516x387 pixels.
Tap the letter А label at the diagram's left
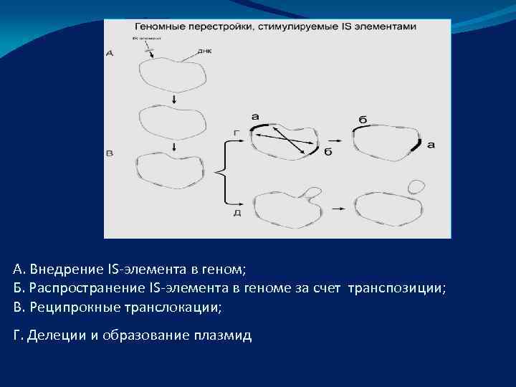pyautogui.click(x=110, y=53)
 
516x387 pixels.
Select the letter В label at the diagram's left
pyautogui.click(x=110, y=153)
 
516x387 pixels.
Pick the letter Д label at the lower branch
pyautogui.click(x=236, y=212)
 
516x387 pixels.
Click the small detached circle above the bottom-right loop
pyautogui.click(x=416, y=186)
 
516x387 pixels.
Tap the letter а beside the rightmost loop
pyautogui.click(x=431, y=145)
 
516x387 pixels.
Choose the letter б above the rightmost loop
pyautogui.click(x=363, y=119)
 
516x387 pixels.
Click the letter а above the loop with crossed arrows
pyautogui.click(x=256, y=116)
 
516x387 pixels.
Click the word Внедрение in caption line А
pyautogui.click(x=66, y=270)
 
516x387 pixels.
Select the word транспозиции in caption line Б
pyautogui.click(x=396, y=288)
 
